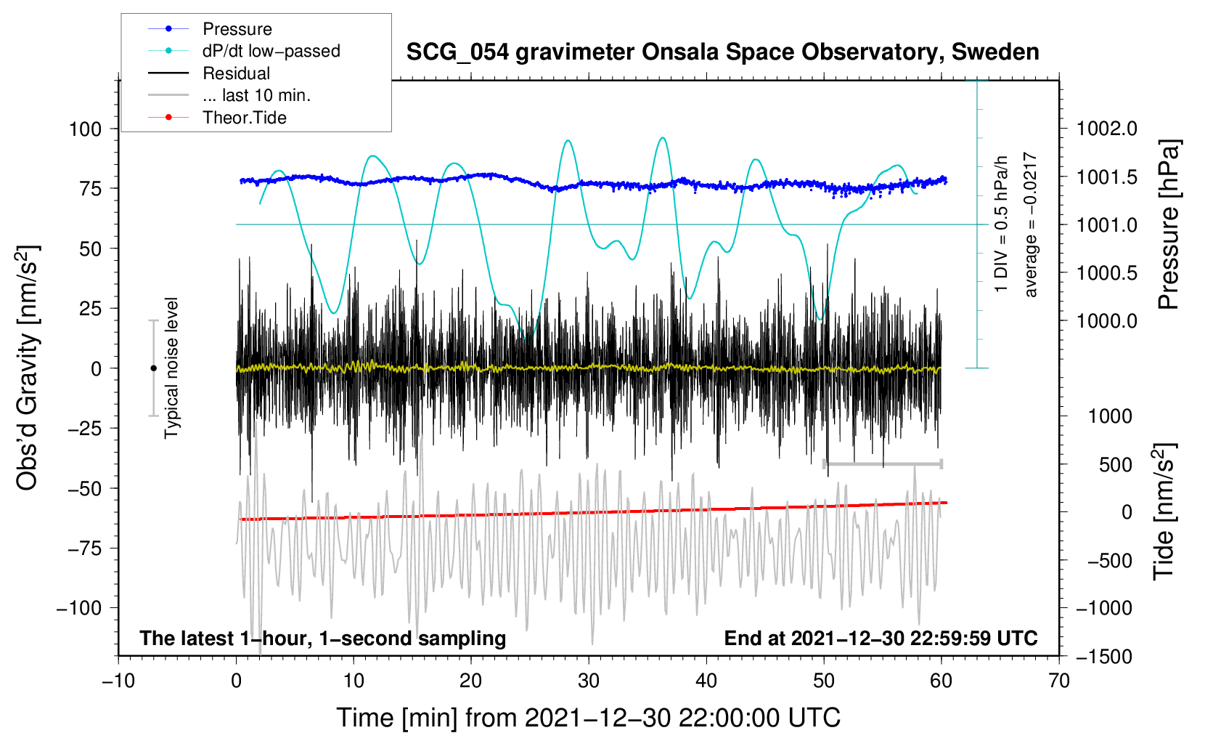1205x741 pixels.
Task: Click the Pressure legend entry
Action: click(x=237, y=29)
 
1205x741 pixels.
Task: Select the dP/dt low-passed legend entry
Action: click(x=271, y=51)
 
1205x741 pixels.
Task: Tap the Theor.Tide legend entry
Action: click(x=244, y=118)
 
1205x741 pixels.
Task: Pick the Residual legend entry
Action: click(x=236, y=73)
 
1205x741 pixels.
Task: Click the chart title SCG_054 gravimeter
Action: click(x=722, y=52)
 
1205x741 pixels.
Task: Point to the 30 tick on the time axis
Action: click(x=589, y=681)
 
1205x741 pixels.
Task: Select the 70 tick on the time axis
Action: click(x=1059, y=681)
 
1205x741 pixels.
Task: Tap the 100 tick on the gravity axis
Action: click(x=85, y=129)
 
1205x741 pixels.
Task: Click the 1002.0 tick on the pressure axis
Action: click(x=1107, y=129)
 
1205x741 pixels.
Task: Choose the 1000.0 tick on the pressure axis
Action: click(x=1107, y=321)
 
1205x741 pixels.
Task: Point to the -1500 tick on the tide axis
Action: click(x=1104, y=657)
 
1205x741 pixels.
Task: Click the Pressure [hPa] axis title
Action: click(x=1168, y=225)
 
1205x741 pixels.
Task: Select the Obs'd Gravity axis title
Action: click(x=27, y=368)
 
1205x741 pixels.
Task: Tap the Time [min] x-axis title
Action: click(x=588, y=718)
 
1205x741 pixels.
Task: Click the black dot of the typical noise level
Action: click(x=154, y=368)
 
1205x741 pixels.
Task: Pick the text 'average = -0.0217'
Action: click(x=1031, y=225)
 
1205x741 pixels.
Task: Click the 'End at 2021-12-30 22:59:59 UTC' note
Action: click(x=881, y=639)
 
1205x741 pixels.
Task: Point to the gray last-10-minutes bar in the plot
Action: click(x=883, y=463)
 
